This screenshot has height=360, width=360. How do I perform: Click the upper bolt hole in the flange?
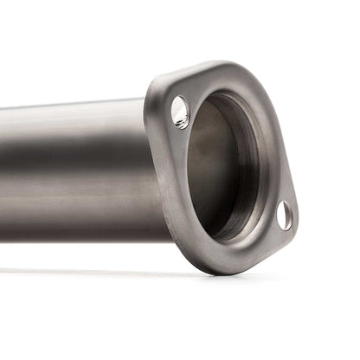pos(180,112)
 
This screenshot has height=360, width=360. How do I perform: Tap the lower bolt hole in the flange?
pos(284,215)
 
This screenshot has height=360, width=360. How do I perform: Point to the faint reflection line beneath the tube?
pos(87,270)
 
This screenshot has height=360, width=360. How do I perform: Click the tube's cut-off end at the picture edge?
pos(3,173)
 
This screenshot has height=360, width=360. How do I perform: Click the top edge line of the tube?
pos(69,106)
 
